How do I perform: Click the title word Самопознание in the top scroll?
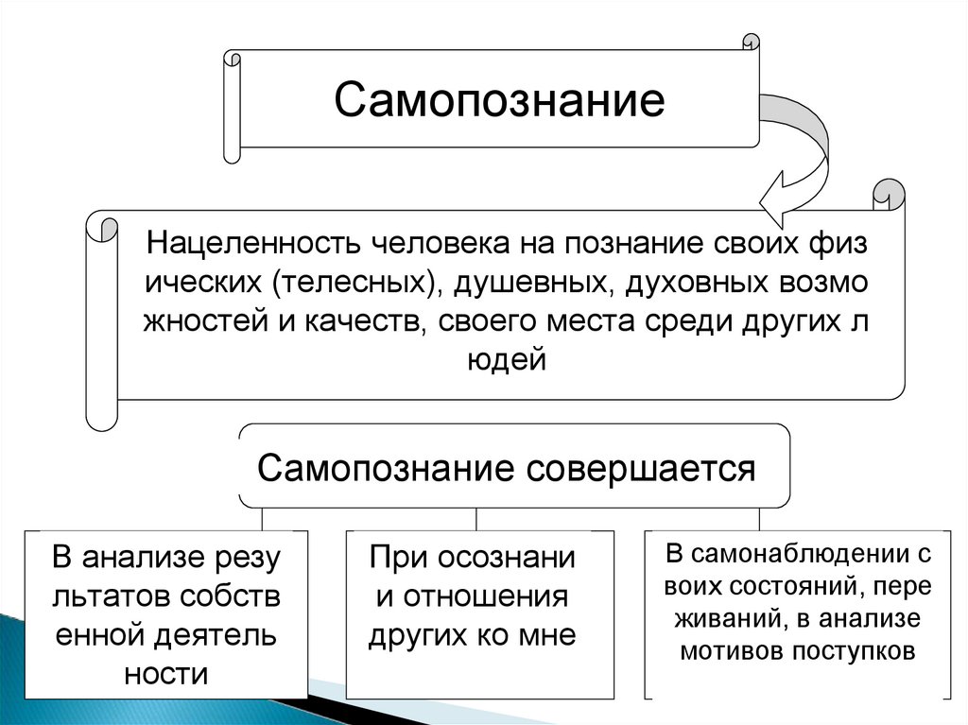click(x=499, y=100)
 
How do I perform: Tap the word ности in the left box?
click(x=165, y=674)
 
